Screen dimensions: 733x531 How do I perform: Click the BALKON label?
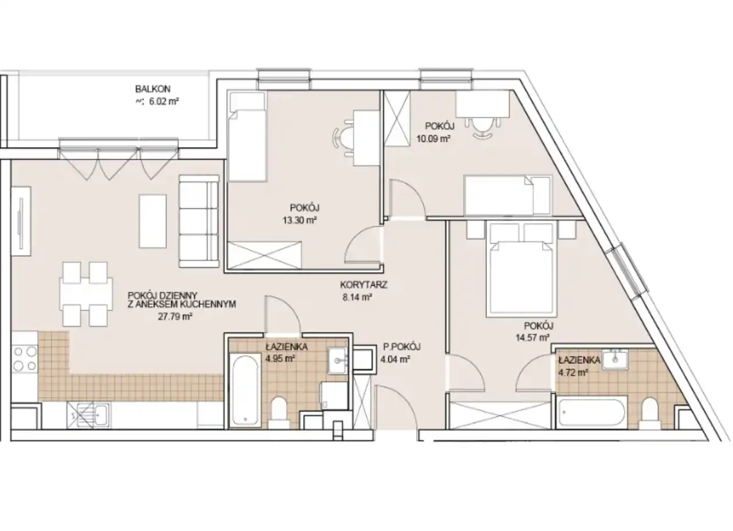pyautogui.click(x=153, y=89)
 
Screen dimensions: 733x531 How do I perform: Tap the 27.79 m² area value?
pyautogui.click(x=175, y=317)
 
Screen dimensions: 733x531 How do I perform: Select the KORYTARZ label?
pyautogui.click(x=364, y=285)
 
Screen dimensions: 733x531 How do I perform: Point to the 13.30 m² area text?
pyautogui.click(x=299, y=221)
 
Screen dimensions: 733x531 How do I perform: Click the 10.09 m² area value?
pyautogui.click(x=434, y=139)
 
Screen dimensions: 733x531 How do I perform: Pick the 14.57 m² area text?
pyautogui.click(x=533, y=337)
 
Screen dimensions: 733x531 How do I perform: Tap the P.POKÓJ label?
pyautogui.click(x=402, y=347)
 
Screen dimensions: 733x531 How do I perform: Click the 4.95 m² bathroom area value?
pyautogui.click(x=280, y=359)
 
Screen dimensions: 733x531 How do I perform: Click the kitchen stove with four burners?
pyautogui.click(x=25, y=359)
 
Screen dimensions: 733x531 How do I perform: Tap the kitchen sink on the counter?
pyautogui.click(x=88, y=415)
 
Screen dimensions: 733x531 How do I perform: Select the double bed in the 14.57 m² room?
pyautogui.click(x=522, y=269)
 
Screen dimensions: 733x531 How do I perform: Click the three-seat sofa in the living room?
pyautogui.click(x=199, y=221)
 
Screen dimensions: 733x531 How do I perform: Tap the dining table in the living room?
pyautogui.click(x=86, y=294)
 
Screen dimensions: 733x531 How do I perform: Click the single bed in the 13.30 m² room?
pyautogui.click(x=247, y=136)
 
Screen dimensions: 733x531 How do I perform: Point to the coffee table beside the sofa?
pyautogui.click(x=152, y=221)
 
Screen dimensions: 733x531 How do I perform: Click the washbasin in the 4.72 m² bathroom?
pyautogui.click(x=615, y=360)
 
